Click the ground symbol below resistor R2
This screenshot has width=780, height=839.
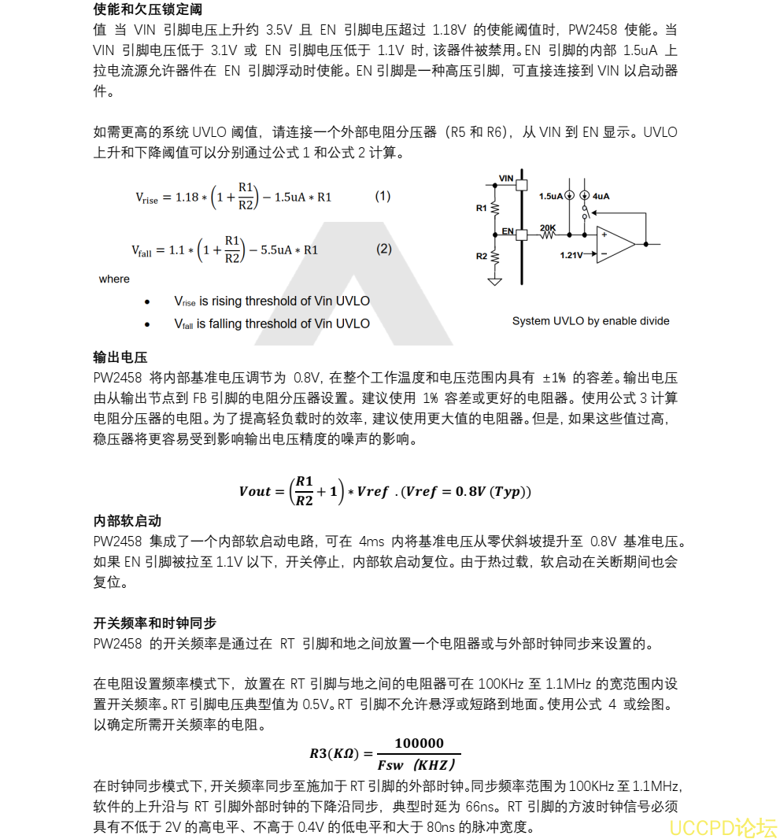[494, 280]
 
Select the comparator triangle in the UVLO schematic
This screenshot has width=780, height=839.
[615, 244]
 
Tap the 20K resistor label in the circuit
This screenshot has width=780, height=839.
[548, 228]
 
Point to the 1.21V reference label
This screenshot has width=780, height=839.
[572, 255]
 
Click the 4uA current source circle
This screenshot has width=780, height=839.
[584, 196]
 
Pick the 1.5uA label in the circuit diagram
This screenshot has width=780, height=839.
[550, 196]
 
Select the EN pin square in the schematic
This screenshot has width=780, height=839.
[521, 234]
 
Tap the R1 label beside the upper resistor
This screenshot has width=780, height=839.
[482, 209]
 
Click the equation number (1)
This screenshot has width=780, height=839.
[383, 196]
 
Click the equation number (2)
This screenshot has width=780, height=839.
[383, 249]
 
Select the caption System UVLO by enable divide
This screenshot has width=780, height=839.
[590, 321]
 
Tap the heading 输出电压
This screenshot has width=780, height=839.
[120, 357]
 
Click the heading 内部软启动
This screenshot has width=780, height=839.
[128, 521]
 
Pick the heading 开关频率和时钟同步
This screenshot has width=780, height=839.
[155, 623]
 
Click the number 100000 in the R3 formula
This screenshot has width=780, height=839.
[419, 743]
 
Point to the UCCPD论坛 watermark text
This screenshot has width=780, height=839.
[723, 827]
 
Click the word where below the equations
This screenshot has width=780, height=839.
[114, 279]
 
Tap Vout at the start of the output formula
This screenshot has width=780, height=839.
[255, 492]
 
